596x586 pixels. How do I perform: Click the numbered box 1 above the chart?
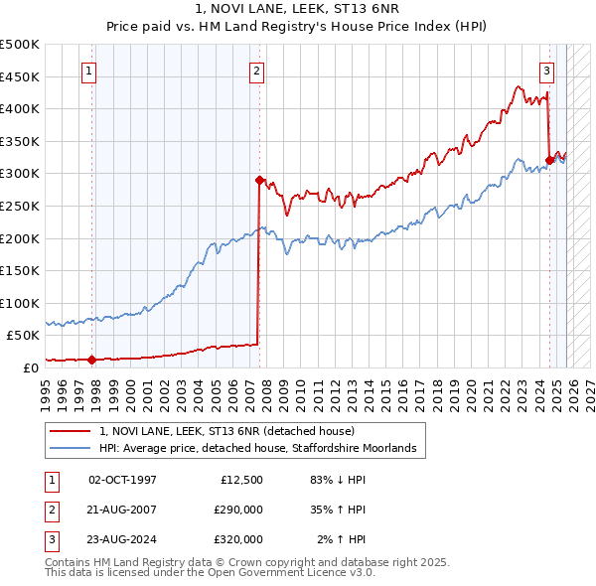[90, 71]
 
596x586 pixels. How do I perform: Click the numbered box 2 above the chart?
[257, 71]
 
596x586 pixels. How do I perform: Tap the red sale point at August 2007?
[259, 180]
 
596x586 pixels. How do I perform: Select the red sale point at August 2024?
[549, 160]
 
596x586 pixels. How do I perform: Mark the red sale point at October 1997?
[92, 360]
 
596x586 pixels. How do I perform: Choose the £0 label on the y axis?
[30, 367]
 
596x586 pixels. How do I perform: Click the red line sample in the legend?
[72, 431]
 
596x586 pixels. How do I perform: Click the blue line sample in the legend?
[72, 449]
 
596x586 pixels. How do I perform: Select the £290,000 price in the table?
[238, 510]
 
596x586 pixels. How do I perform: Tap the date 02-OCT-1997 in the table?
[122, 480]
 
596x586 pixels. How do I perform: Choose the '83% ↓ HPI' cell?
[338, 480]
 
